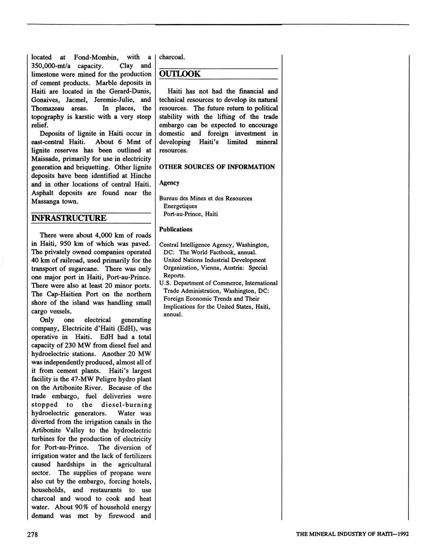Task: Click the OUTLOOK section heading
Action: pos(179,74)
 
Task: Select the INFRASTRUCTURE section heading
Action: pos(69,218)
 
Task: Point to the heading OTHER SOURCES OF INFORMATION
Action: pos(217,167)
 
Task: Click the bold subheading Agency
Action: pos(169,183)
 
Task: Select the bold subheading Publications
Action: pos(175,229)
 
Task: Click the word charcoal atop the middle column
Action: pos(172,57)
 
